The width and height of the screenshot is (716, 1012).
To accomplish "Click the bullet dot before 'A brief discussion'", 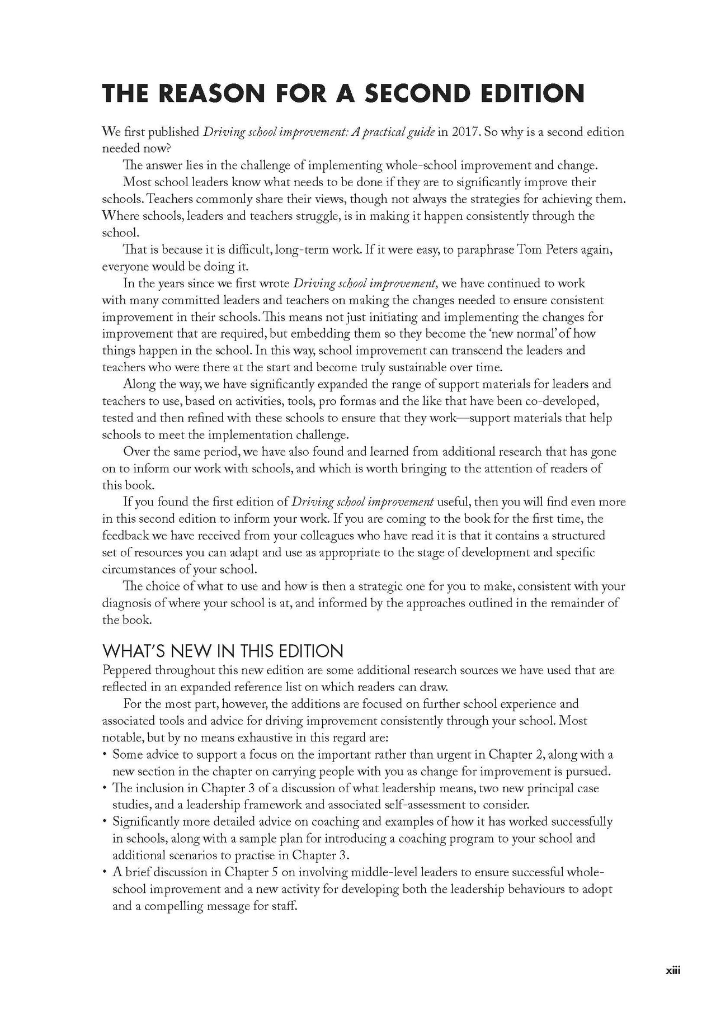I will click(105, 872).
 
